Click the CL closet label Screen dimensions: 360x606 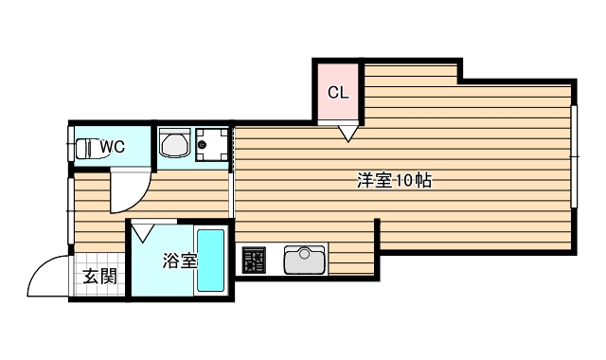pyautogui.click(x=338, y=93)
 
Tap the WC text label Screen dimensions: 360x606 pyautogui.click(x=113, y=147)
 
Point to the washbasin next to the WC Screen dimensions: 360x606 pyautogui.click(x=173, y=145)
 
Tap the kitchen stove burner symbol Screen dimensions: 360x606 pyautogui.click(x=253, y=259)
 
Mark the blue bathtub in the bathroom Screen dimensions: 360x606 pyautogui.click(x=210, y=261)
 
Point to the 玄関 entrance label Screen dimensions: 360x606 pyautogui.click(x=98, y=278)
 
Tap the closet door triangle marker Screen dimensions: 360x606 pyautogui.click(x=347, y=133)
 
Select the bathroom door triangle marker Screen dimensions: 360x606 pyautogui.click(x=144, y=229)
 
